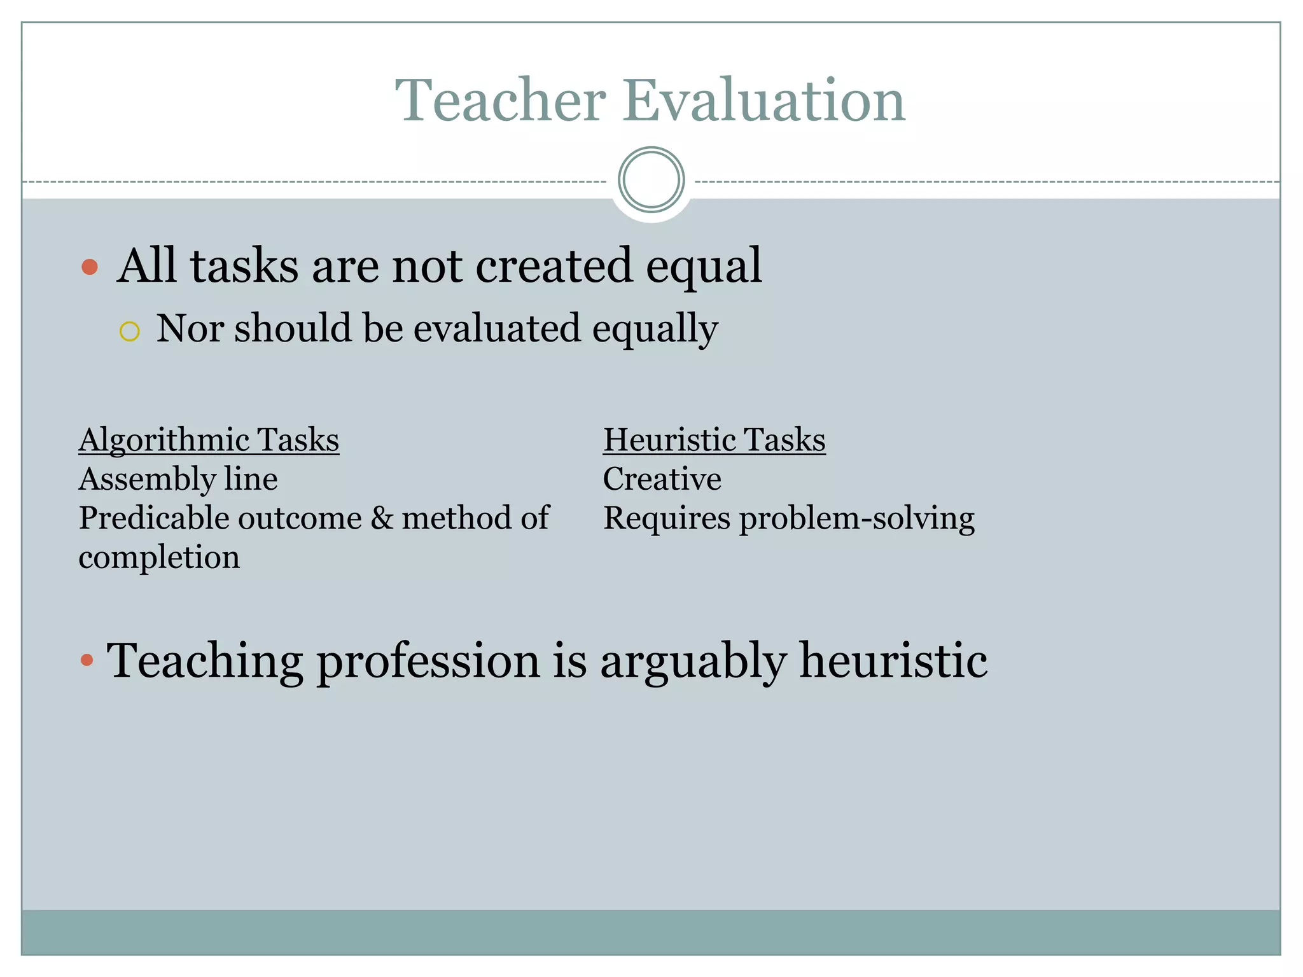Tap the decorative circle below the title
(x=651, y=180)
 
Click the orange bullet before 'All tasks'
(x=90, y=267)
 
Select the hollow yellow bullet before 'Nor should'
(x=129, y=331)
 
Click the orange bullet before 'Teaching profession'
(x=87, y=661)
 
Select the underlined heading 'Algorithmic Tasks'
(x=209, y=440)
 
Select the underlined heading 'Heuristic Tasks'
(x=714, y=440)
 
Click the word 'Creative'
(x=662, y=479)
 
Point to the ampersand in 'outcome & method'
(x=382, y=518)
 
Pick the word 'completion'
(x=159, y=557)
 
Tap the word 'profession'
(x=428, y=662)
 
